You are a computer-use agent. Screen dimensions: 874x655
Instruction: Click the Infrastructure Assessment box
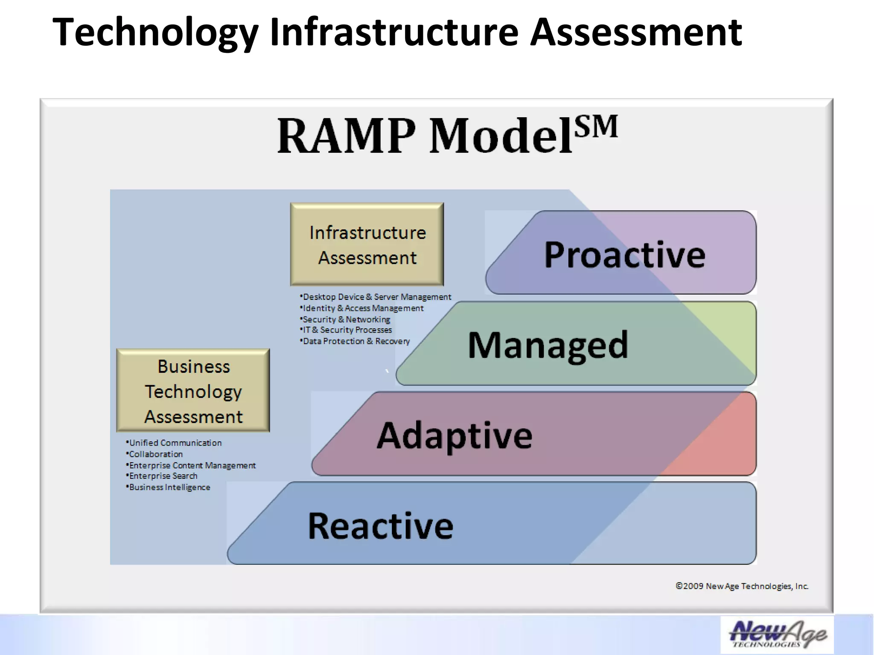click(367, 244)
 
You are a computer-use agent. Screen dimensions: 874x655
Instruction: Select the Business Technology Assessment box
click(193, 391)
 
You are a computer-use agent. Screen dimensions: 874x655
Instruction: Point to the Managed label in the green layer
click(548, 345)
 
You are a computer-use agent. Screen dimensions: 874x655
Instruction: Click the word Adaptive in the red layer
click(454, 435)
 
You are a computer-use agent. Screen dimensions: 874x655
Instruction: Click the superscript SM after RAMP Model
click(596, 127)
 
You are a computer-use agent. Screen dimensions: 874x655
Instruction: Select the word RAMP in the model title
click(346, 136)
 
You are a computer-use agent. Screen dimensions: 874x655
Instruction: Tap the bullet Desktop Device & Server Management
click(376, 297)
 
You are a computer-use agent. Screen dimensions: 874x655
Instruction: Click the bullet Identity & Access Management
click(362, 308)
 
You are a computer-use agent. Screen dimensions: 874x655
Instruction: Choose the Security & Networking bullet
click(346, 319)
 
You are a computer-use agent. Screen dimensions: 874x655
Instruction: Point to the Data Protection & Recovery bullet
click(355, 341)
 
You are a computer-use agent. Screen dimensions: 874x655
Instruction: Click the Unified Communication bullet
click(175, 443)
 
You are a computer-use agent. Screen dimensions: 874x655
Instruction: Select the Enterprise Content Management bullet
click(192, 465)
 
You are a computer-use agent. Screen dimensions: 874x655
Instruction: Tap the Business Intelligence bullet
click(169, 487)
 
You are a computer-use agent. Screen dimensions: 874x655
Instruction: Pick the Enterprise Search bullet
click(163, 476)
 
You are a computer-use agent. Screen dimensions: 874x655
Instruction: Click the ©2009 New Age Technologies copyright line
click(742, 586)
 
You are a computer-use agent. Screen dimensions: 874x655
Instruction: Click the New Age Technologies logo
click(777, 635)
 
